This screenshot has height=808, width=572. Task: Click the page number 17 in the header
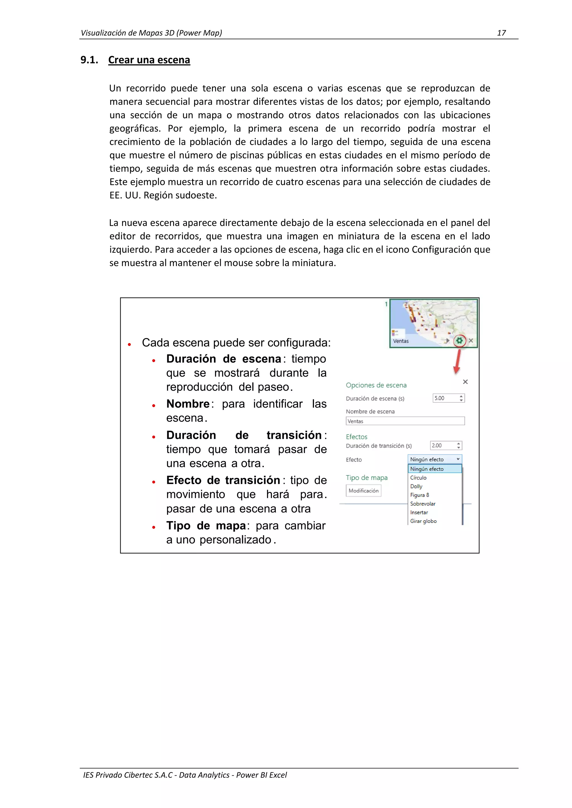point(501,33)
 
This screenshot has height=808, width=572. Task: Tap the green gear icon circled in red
point(459,341)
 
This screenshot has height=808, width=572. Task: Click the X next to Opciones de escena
point(465,382)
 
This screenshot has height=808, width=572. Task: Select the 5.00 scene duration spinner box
point(448,398)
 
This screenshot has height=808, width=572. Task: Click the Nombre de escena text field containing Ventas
point(405,421)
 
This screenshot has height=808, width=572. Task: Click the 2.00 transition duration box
point(445,446)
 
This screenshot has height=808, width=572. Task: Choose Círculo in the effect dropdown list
point(418,478)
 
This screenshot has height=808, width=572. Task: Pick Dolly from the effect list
point(416,486)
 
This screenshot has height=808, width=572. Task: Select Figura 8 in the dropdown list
point(420,495)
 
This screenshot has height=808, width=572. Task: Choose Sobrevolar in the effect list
point(423,504)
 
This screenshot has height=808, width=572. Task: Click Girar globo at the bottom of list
point(423,521)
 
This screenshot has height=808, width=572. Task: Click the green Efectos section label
point(356,437)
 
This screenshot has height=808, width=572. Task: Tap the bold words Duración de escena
point(224,359)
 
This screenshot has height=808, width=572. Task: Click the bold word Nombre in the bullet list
point(188,404)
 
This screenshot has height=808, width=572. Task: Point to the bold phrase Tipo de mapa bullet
point(206,526)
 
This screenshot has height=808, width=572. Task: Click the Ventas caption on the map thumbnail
point(401,341)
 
